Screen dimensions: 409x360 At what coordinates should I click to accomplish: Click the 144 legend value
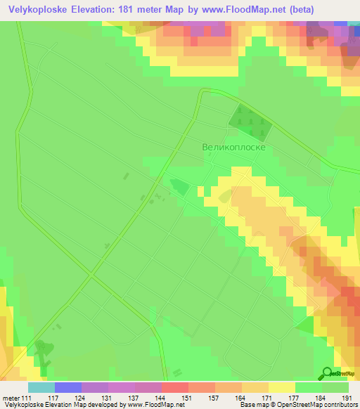148,399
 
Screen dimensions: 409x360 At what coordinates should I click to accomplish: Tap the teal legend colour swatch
41,387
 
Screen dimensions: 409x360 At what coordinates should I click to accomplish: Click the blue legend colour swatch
67,387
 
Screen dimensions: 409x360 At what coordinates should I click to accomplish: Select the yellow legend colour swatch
281,387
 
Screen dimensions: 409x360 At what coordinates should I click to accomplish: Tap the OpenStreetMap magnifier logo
326,373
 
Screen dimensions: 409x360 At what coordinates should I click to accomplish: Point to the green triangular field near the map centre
179,186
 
